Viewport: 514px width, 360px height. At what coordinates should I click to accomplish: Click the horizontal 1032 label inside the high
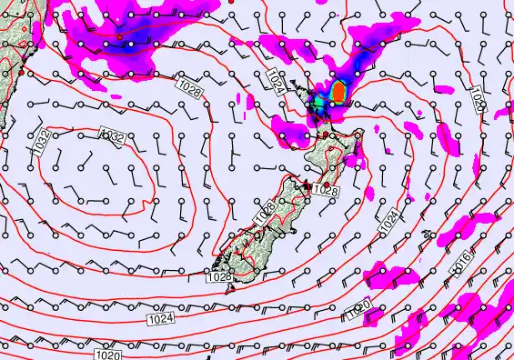point(111,135)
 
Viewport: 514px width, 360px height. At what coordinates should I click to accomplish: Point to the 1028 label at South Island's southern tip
point(218,278)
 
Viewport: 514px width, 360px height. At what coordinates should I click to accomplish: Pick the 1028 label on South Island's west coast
point(264,213)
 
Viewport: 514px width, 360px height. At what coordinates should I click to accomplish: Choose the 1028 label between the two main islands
point(325,191)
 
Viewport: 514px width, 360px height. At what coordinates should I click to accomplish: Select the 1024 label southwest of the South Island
point(160,318)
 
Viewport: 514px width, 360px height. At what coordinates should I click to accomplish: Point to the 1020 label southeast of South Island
point(360,312)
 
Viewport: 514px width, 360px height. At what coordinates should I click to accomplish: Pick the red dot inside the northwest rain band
point(119,36)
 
